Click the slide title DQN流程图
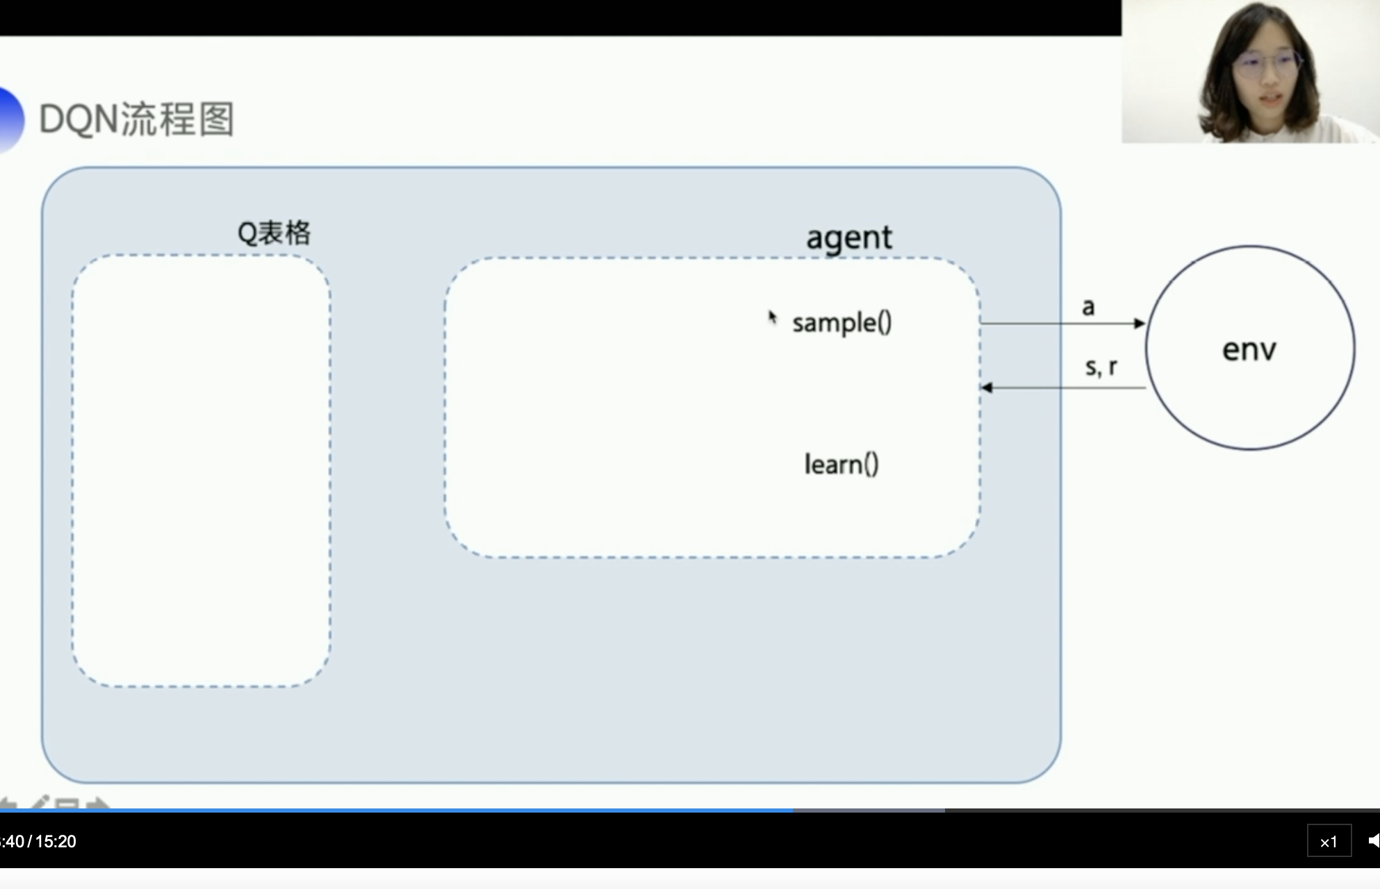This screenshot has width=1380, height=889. coord(136,119)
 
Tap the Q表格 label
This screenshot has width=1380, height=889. coord(274,233)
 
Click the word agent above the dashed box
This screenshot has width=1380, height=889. coord(848,238)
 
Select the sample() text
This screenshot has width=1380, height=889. coord(841,323)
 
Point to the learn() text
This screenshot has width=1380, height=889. coord(841,464)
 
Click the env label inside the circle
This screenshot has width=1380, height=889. coord(1249,349)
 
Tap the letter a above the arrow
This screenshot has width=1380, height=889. coord(1088,307)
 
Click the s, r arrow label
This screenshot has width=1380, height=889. coord(1101,367)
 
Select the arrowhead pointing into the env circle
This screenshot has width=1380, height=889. coord(1140,323)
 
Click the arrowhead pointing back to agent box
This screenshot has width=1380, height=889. coord(987,388)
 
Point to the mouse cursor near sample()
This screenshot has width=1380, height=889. coord(771,317)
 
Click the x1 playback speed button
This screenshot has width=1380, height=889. coord(1329,842)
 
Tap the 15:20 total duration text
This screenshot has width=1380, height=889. coord(56,842)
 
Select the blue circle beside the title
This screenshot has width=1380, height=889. coord(10,119)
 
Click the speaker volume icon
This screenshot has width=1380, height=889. coord(1373,841)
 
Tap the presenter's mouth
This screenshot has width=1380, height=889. coord(1269,97)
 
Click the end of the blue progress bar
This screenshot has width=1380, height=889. coord(792,810)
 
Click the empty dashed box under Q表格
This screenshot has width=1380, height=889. coord(201,471)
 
